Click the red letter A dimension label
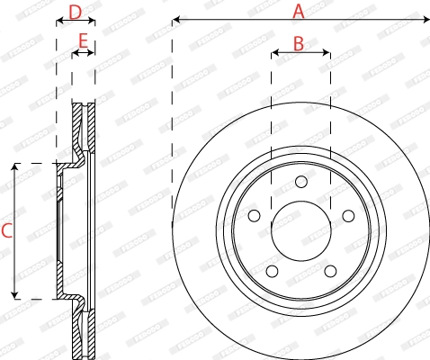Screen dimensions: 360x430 click(x=299, y=11)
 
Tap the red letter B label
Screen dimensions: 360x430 click(x=299, y=42)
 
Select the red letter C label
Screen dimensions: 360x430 click(x=5, y=230)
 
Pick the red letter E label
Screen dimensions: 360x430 click(x=83, y=40)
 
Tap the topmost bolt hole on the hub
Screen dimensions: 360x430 click(x=300, y=183)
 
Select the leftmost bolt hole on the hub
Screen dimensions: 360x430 click(x=254, y=215)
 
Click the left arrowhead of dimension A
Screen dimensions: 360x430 click(x=175, y=18)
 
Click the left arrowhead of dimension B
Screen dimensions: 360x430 click(x=273, y=53)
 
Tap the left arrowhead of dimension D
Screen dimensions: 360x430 click(x=58, y=24)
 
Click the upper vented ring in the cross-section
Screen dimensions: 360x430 click(x=84, y=126)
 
